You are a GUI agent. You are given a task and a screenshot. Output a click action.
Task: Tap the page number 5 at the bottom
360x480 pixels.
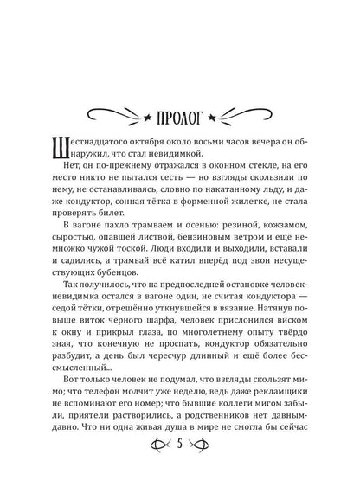180,448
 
